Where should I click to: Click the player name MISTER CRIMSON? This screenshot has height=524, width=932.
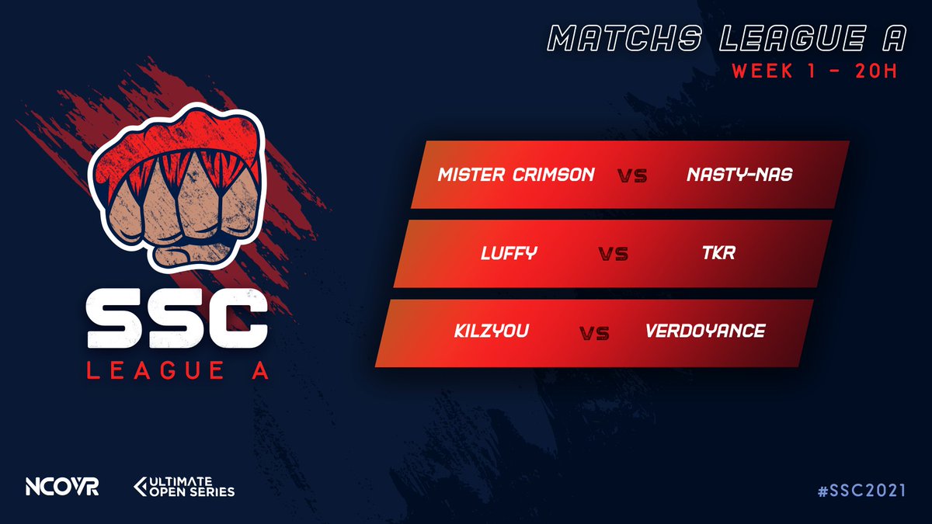pyautogui.click(x=516, y=175)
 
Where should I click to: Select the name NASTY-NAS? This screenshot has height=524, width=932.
pyautogui.click(x=739, y=175)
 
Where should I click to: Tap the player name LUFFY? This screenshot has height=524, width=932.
pyautogui.click(x=509, y=253)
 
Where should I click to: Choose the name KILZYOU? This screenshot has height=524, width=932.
pyautogui.click(x=492, y=331)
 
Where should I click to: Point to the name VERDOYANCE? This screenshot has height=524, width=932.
pyautogui.click(x=705, y=331)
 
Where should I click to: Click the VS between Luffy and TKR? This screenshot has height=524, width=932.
pyautogui.click(x=613, y=254)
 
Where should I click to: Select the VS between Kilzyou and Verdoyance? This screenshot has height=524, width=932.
pyautogui.click(x=594, y=333)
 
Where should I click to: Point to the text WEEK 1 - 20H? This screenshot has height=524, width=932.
pyautogui.click(x=814, y=71)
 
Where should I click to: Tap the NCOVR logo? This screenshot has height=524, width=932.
pyautogui.click(x=62, y=488)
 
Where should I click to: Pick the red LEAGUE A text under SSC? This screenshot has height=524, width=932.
pyautogui.click(x=178, y=372)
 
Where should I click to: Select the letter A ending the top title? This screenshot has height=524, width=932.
pyautogui.click(x=900, y=36)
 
